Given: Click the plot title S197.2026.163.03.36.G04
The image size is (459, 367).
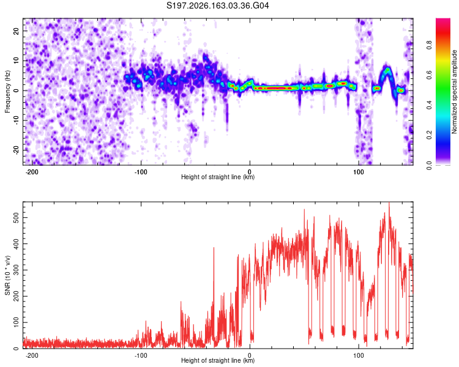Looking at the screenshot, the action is pos(217,6).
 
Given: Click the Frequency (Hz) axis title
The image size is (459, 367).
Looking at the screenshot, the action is pos(7,92).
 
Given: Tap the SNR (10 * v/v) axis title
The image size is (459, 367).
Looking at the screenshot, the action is pos(7,275).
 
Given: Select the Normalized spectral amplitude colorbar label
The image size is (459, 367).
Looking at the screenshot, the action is pos(454,92).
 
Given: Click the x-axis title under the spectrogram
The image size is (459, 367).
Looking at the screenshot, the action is pos(218,177).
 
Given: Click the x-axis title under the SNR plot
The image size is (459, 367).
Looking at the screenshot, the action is pos(218,360).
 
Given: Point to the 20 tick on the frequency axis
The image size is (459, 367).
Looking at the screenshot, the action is pos(17,31).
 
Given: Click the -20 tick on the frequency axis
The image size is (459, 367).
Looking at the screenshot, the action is pos(17,149).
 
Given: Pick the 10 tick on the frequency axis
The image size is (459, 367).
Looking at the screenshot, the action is pos(17,61).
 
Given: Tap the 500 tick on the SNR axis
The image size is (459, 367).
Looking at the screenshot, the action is pos(17,218).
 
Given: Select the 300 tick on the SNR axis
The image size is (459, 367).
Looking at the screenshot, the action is pos(17,270).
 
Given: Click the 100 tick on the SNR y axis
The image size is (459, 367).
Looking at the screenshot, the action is pos(17,322).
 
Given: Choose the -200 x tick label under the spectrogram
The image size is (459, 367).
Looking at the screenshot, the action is pos(32,172).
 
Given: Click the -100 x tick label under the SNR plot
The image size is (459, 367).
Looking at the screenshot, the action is pos(141,355).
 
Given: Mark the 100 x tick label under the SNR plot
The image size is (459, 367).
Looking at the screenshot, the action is pos(358,355).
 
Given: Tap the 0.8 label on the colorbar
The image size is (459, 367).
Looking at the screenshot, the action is pos(429,45).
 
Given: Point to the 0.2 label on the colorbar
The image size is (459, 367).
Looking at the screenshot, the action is pos(429,135).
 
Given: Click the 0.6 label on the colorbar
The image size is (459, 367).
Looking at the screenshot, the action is pos(429,75).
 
